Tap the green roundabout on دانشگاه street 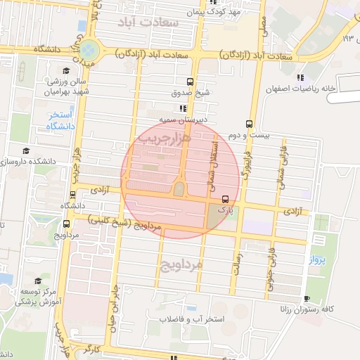tap(89, 50)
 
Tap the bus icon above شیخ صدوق tap(190, 82)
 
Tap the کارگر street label tap(91, 349)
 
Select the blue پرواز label tap(319, 260)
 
